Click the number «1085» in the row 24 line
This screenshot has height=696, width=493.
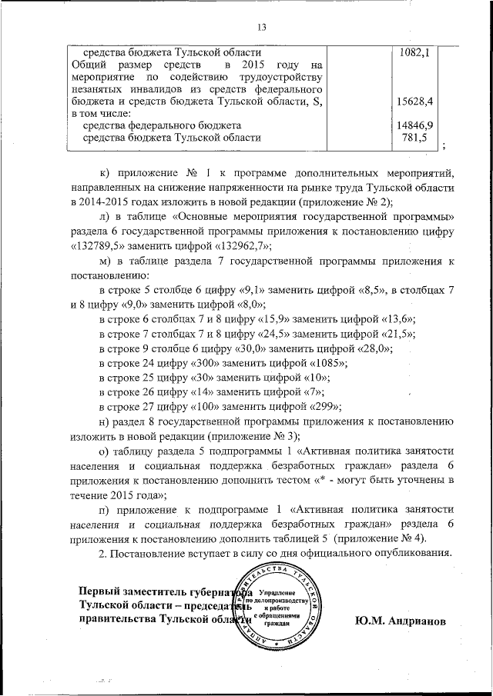pos(324,361)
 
